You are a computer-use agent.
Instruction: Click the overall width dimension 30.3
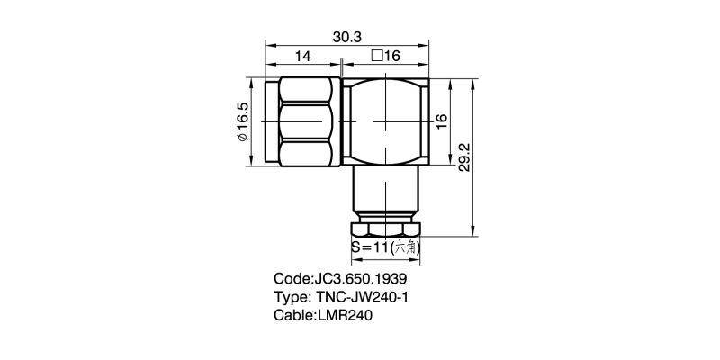[x=347, y=37]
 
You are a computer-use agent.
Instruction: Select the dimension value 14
[x=302, y=57]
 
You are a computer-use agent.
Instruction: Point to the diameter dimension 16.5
[x=242, y=121]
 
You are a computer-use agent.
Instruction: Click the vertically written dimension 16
[x=441, y=121]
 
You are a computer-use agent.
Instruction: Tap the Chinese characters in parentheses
[x=407, y=245]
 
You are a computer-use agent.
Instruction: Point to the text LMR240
[x=345, y=316]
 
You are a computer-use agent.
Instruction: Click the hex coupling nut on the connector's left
[x=308, y=121]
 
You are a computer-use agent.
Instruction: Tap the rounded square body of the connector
[x=387, y=121]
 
